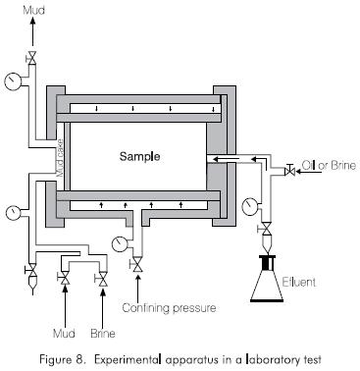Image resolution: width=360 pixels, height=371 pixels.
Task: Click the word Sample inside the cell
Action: coord(139,157)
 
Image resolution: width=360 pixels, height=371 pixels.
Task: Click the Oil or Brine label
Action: coord(329,165)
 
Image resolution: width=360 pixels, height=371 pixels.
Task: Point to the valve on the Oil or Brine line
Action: coord(290,171)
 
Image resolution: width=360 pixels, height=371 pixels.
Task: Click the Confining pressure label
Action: coord(169,308)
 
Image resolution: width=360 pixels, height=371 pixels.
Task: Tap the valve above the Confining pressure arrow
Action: coord(137,265)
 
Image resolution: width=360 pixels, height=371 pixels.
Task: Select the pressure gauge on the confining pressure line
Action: coord(119,244)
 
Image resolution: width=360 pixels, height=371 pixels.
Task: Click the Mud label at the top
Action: coord(33,10)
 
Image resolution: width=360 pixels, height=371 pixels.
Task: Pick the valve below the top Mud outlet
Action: coord(32,58)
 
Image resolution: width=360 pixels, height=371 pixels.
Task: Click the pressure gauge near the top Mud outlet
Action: coord(13,80)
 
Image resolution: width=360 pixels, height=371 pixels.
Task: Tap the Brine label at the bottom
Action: coord(103,334)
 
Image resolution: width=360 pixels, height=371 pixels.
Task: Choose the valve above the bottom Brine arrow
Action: coord(103,279)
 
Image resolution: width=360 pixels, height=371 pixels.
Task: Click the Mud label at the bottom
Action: coord(64,334)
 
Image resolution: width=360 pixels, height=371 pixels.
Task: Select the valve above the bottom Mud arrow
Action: coord(65,278)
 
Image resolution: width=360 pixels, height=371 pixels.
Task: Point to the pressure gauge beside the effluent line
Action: coord(249,206)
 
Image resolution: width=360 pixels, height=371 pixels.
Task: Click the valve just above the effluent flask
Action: coord(267,229)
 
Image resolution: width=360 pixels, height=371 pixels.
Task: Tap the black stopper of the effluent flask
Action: coord(267,263)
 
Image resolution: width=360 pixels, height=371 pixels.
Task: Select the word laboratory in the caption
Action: coord(272,360)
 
